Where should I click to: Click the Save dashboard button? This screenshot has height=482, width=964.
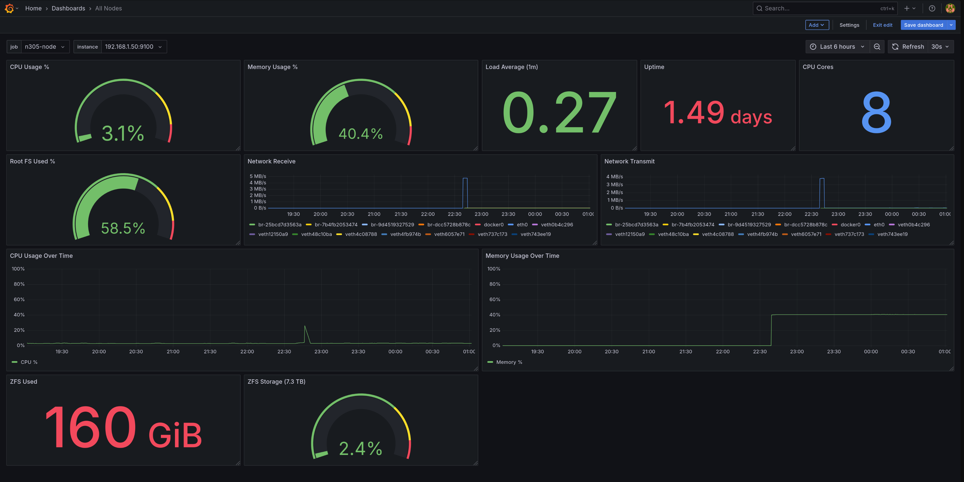923,25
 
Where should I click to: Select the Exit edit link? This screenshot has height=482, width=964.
882,25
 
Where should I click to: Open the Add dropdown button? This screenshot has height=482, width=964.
817,25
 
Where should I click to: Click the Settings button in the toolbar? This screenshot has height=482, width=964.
849,25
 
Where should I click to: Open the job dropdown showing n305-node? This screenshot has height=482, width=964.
44,47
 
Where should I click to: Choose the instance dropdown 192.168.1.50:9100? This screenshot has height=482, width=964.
133,47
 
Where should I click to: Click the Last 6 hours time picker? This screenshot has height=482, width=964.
837,47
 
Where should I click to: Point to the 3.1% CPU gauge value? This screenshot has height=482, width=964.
123,134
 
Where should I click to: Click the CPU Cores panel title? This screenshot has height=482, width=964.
818,67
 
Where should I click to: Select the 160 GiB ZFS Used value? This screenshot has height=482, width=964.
123,427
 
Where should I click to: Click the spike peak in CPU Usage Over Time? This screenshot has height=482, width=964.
305,326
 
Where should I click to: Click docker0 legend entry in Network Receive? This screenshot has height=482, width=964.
493,224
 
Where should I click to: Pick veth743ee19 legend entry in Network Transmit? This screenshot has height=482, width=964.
892,234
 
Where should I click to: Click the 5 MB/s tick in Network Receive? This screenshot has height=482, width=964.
258,176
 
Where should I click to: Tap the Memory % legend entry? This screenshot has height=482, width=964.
509,362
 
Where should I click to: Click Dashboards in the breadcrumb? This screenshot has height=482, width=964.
68,8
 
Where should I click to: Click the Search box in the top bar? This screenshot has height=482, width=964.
820,8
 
